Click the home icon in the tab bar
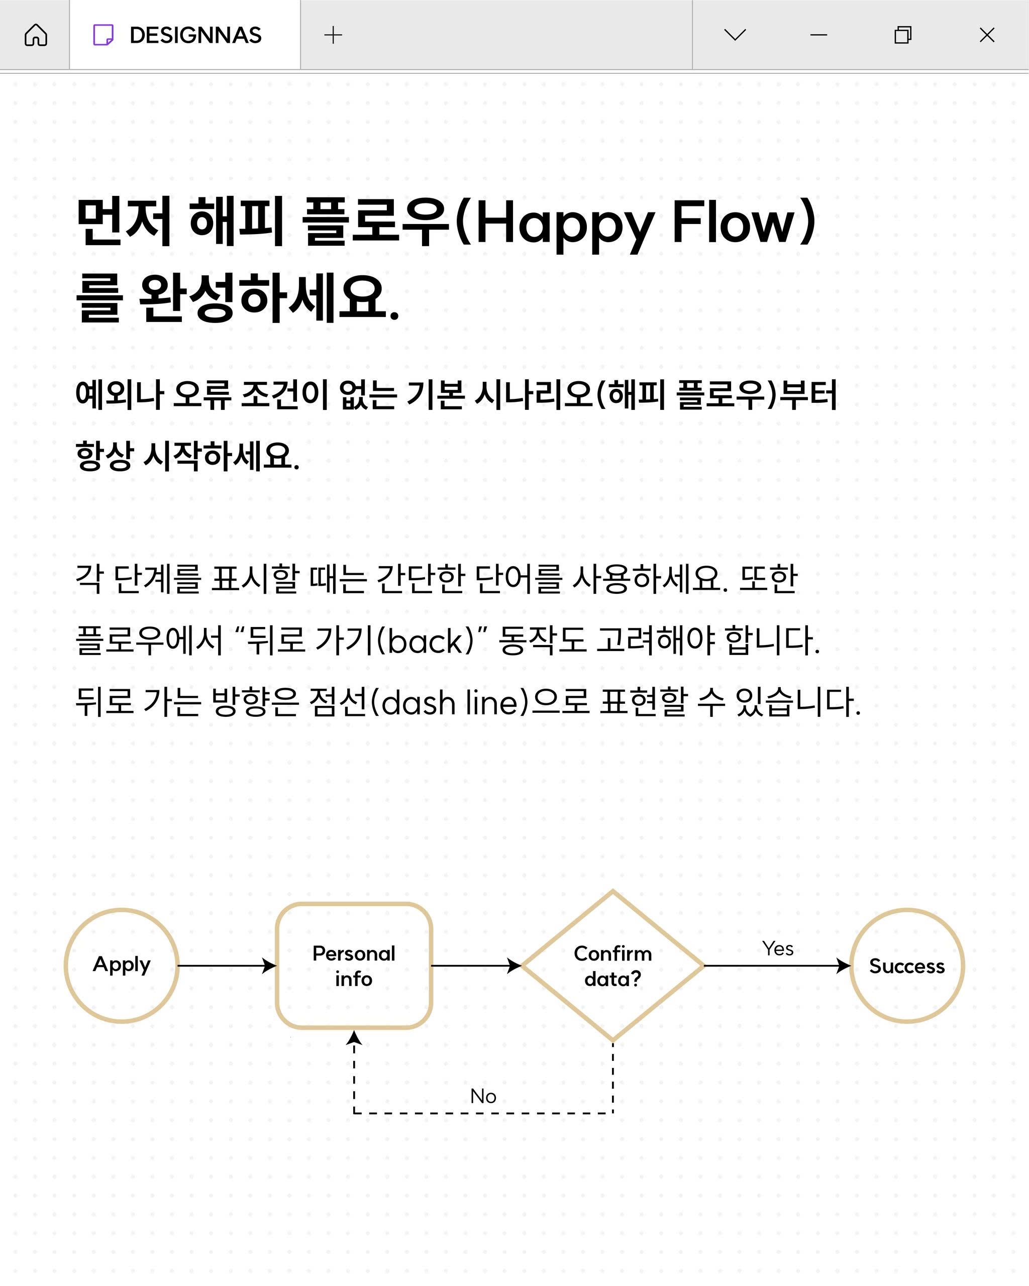click(x=36, y=35)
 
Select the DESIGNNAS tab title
click(x=195, y=35)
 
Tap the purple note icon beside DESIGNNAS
click(x=103, y=35)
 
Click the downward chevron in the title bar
click(x=735, y=35)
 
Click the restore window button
click(x=903, y=35)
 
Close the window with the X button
click(x=987, y=35)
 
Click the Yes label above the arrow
click(x=778, y=948)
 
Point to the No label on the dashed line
click(x=483, y=1096)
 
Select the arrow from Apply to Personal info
click(x=227, y=966)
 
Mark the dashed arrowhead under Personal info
click(x=354, y=1038)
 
